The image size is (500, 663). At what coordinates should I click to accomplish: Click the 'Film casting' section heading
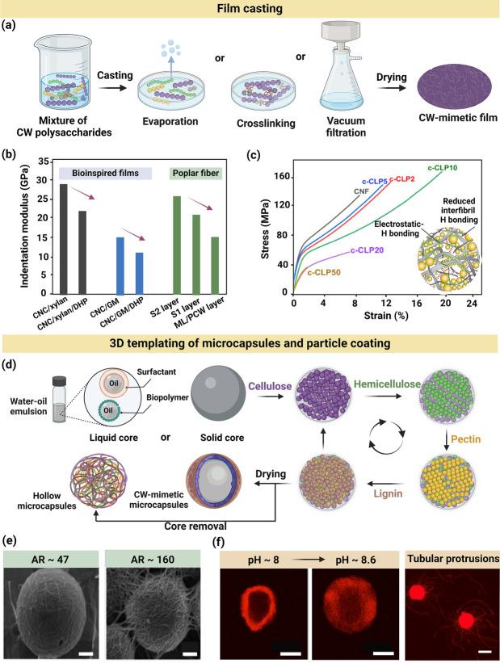click(x=250, y=10)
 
